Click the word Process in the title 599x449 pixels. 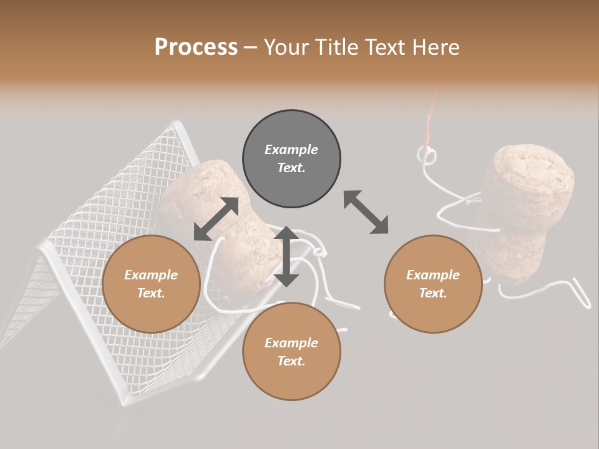coord(196,47)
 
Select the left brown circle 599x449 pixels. coord(151,284)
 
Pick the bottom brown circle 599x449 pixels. coord(291,351)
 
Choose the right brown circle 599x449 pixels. coord(433,284)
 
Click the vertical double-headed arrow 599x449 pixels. coord(286,256)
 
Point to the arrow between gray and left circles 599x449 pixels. coord(216,219)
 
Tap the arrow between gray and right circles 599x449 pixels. coord(366,212)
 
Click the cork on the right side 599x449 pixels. coord(530,206)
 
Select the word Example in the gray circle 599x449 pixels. coord(291,150)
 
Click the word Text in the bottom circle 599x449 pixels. coord(291,361)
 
